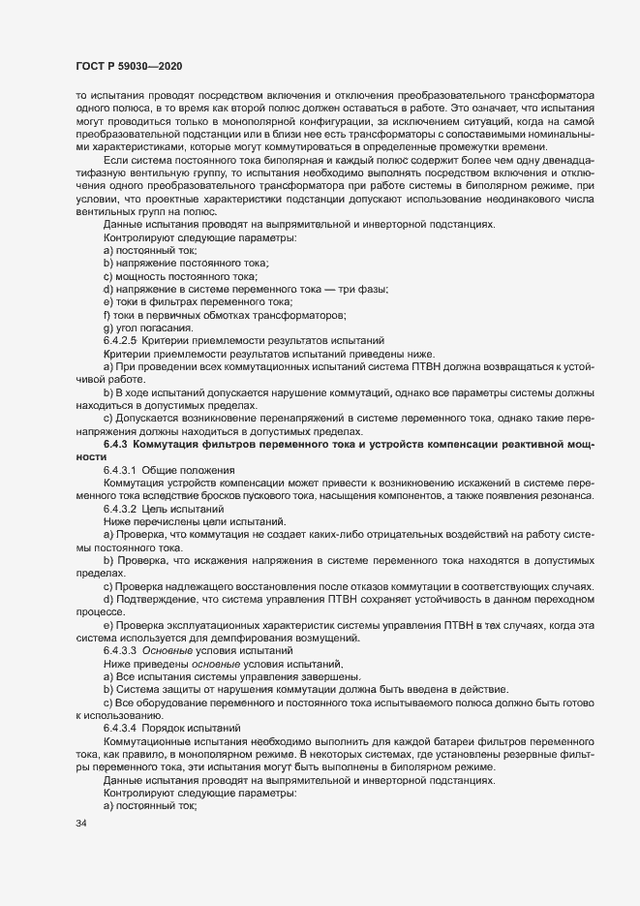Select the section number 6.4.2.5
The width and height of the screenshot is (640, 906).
(x=120, y=339)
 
